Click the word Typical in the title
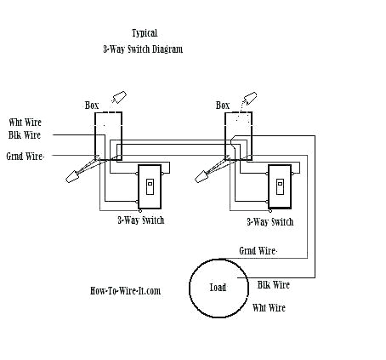pyautogui.click(x=145, y=32)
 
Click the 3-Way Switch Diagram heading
pyautogui.click(x=143, y=49)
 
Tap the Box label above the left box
pyautogui.click(x=92, y=105)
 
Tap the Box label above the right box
pyautogui.click(x=223, y=105)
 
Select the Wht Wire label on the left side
pyautogui.click(x=26, y=122)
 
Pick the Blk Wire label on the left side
pyautogui.click(x=26, y=134)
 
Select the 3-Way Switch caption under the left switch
pyautogui.click(x=141, y=220)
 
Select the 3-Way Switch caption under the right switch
pyautogui.click(x=270, y=221)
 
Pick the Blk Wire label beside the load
pyautogui.click(x=274, y=285)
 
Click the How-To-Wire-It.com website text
pyautogui.click(x=125, y=290)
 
